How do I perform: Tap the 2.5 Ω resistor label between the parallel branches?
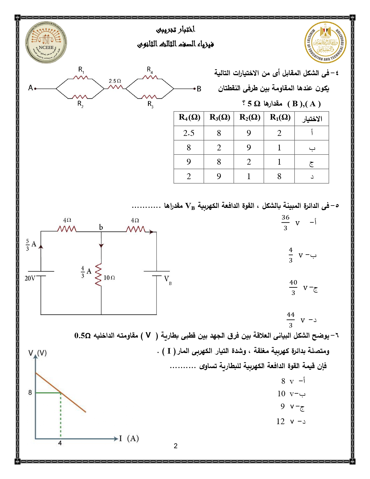115,81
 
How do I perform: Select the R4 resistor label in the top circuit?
150,70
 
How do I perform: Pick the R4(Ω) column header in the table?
189,118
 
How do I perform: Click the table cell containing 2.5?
189,133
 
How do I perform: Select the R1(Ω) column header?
280,118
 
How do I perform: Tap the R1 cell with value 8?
279,176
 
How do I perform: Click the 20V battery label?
30,278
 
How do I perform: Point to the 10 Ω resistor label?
109,278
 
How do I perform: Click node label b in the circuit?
101,227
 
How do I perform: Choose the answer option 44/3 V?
296,320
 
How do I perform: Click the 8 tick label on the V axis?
30,393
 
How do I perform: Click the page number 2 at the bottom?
176,446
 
